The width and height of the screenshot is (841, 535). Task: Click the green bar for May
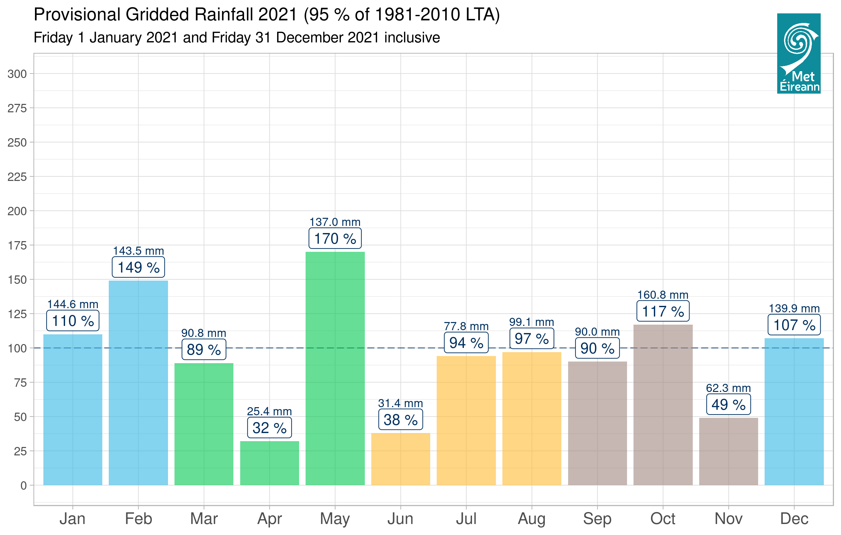(335, 368)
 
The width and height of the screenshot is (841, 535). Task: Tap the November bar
(728, 451)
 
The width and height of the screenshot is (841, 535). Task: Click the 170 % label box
(335, 239)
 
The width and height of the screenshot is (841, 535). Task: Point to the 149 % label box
(138, 267)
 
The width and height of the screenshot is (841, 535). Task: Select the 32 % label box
(269, 428)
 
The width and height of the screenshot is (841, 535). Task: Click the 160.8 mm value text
(663, 295)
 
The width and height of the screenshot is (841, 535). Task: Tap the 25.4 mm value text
(269, 411)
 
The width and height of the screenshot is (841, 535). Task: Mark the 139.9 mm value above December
(794, 308)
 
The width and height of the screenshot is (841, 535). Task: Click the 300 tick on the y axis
(17, 74)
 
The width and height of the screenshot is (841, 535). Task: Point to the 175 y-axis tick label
(17, 246)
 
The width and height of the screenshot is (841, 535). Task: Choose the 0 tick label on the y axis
(23, 485)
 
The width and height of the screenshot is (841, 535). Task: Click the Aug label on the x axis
(531, 518)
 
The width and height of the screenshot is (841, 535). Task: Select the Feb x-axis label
(138, 518)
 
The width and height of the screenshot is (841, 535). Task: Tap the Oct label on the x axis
(663, 518)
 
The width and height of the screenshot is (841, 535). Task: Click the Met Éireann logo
(798, 53)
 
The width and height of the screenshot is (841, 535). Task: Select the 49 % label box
(728, 405)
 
